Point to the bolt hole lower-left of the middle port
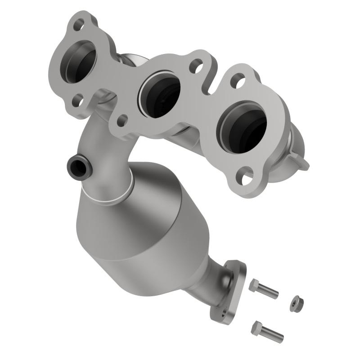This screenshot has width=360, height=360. [x=121, y=120]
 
